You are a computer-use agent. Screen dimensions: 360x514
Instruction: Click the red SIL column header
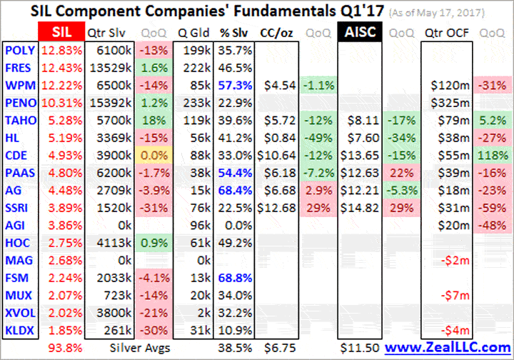pyautogui.click(x=60, y=33)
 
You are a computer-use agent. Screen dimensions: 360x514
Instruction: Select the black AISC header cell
pyautogui.click(x=361, y=33)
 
